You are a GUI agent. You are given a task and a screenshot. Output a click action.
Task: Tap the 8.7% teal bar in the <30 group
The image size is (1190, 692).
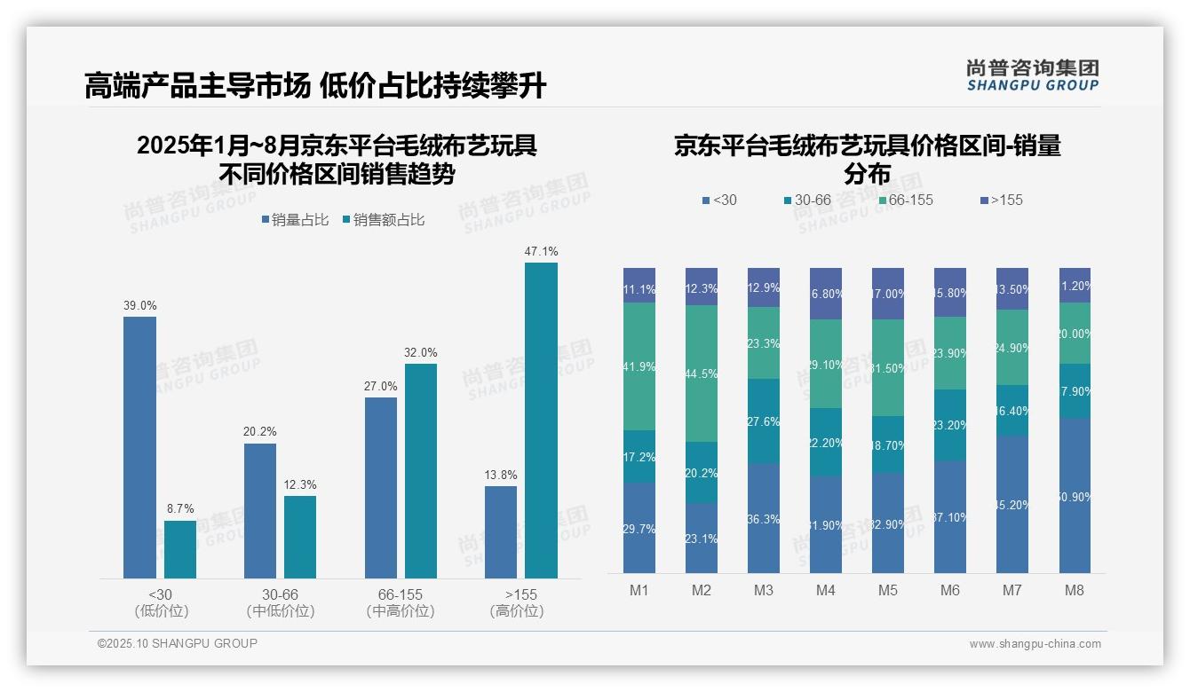[180, 549]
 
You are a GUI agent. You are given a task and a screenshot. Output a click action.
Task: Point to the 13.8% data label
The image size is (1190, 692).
[501, 475]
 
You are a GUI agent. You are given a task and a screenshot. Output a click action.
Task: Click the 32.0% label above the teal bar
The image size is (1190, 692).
[421, 352]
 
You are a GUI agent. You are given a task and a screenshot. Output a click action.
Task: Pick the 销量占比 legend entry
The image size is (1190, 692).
[296, 220]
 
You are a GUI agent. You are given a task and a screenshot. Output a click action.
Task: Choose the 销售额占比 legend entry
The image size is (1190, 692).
[384, 220]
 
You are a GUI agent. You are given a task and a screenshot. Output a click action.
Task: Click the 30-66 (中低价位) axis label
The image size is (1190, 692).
[281, 602]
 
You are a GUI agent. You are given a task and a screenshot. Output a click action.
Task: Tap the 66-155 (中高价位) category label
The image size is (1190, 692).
[401, 602]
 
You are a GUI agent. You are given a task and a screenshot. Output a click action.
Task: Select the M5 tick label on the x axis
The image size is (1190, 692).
[888, 591]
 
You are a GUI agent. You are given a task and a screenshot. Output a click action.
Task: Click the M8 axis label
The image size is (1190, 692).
[1075, 591]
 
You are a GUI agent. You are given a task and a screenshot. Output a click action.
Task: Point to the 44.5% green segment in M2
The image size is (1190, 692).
[702, 374]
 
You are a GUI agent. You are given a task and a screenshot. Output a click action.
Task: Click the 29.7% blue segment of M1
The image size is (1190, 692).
[639, 528]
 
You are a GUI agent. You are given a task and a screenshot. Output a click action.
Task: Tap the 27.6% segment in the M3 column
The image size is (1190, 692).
[764, 421]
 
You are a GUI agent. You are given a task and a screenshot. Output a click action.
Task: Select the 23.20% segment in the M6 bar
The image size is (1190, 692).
[950, 425]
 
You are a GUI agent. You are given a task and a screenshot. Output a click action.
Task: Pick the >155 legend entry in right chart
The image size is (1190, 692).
[1002, 200]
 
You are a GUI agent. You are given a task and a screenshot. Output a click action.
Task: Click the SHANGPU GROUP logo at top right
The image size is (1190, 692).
[1033, 75]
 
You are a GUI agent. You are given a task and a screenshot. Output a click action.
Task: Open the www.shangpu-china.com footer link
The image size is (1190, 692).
[1035, 644]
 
